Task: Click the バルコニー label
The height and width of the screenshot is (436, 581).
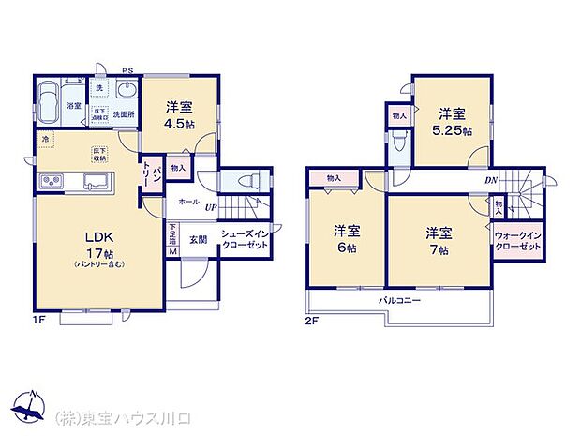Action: pos(399,301)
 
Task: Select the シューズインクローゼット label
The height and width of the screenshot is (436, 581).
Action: pos(245,239)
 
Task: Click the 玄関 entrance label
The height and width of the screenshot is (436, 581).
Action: pos(198,238)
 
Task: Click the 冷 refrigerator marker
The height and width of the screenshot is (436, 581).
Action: pos(44,140)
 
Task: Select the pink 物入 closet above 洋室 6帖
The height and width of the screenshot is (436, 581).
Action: pos(334,178)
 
